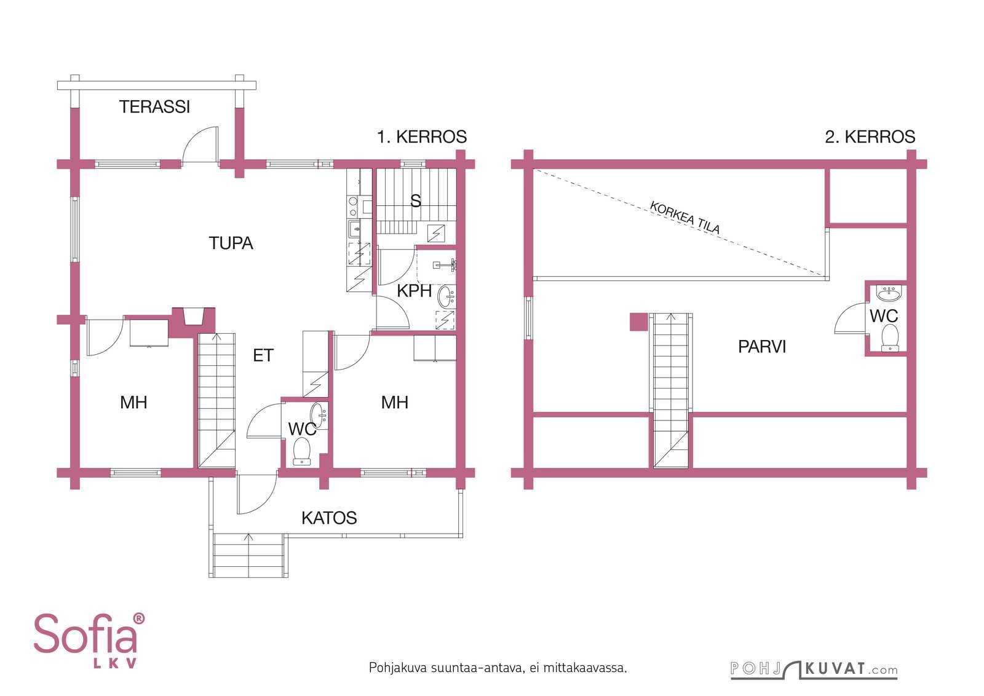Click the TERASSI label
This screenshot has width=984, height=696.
(154, 107)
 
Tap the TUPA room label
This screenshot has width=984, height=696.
(231, 243)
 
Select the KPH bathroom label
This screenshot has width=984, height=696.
(415, 291)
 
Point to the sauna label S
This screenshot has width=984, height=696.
(416, 200)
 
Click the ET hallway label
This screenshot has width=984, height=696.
(263, 355)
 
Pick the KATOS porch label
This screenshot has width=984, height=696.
(329, 518)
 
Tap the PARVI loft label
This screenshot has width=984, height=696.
(762, 347)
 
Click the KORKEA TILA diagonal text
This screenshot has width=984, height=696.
(685, 218)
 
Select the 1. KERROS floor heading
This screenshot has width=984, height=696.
(422, 136)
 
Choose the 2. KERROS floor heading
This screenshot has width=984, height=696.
(870, 136)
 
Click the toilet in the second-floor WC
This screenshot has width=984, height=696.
(890, 338)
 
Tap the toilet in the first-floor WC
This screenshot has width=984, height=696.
(302, 451)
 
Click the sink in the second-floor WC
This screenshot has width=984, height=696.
(888, 293)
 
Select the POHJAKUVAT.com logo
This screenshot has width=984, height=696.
(814, 669)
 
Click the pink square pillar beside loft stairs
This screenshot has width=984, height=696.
(639, 322)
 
